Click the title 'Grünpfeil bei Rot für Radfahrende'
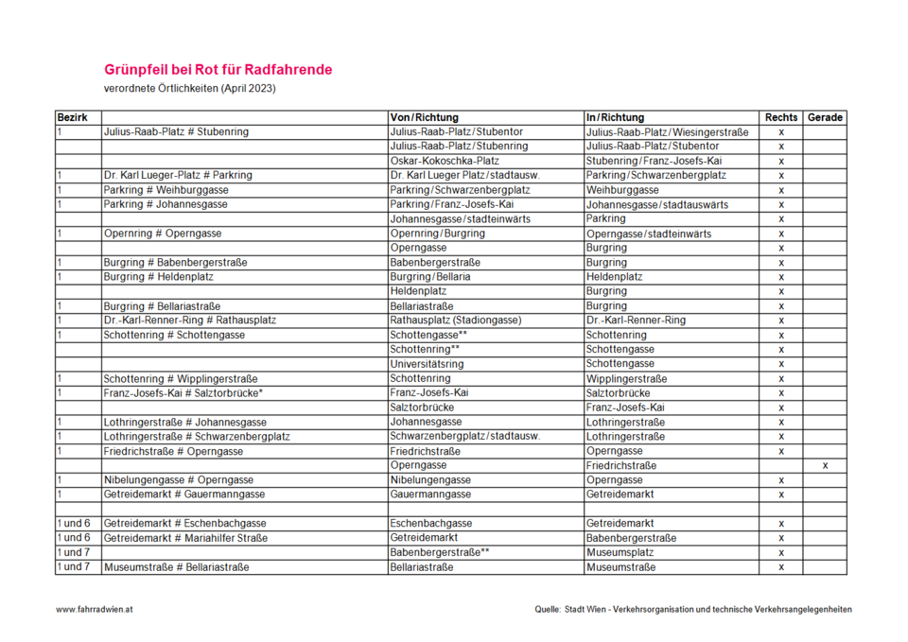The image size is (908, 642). point(218,70)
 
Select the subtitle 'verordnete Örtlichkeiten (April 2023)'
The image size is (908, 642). point(190,89)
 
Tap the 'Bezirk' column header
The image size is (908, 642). point(73,117)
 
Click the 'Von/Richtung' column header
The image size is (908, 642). point(424,117)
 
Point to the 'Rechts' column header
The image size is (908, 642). point(781,117)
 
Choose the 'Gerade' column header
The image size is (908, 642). point(825,117)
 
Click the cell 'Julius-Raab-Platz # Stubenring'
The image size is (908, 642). point(176,132)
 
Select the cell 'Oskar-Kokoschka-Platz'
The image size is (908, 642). point(445,161)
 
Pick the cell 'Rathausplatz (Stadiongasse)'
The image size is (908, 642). point(456,321)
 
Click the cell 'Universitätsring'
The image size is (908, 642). point(428,364)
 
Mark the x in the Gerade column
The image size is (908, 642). point(825,466)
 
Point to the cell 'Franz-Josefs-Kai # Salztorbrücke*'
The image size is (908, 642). point(183,393)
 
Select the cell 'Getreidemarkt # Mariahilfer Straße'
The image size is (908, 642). point(185,538)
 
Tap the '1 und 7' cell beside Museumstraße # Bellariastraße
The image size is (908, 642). point(75,567)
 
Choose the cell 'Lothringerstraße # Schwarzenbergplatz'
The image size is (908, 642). point(197,437)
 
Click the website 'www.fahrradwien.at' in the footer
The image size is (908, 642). point(95,610)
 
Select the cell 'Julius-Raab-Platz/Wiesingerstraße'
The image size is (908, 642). point(668,132)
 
